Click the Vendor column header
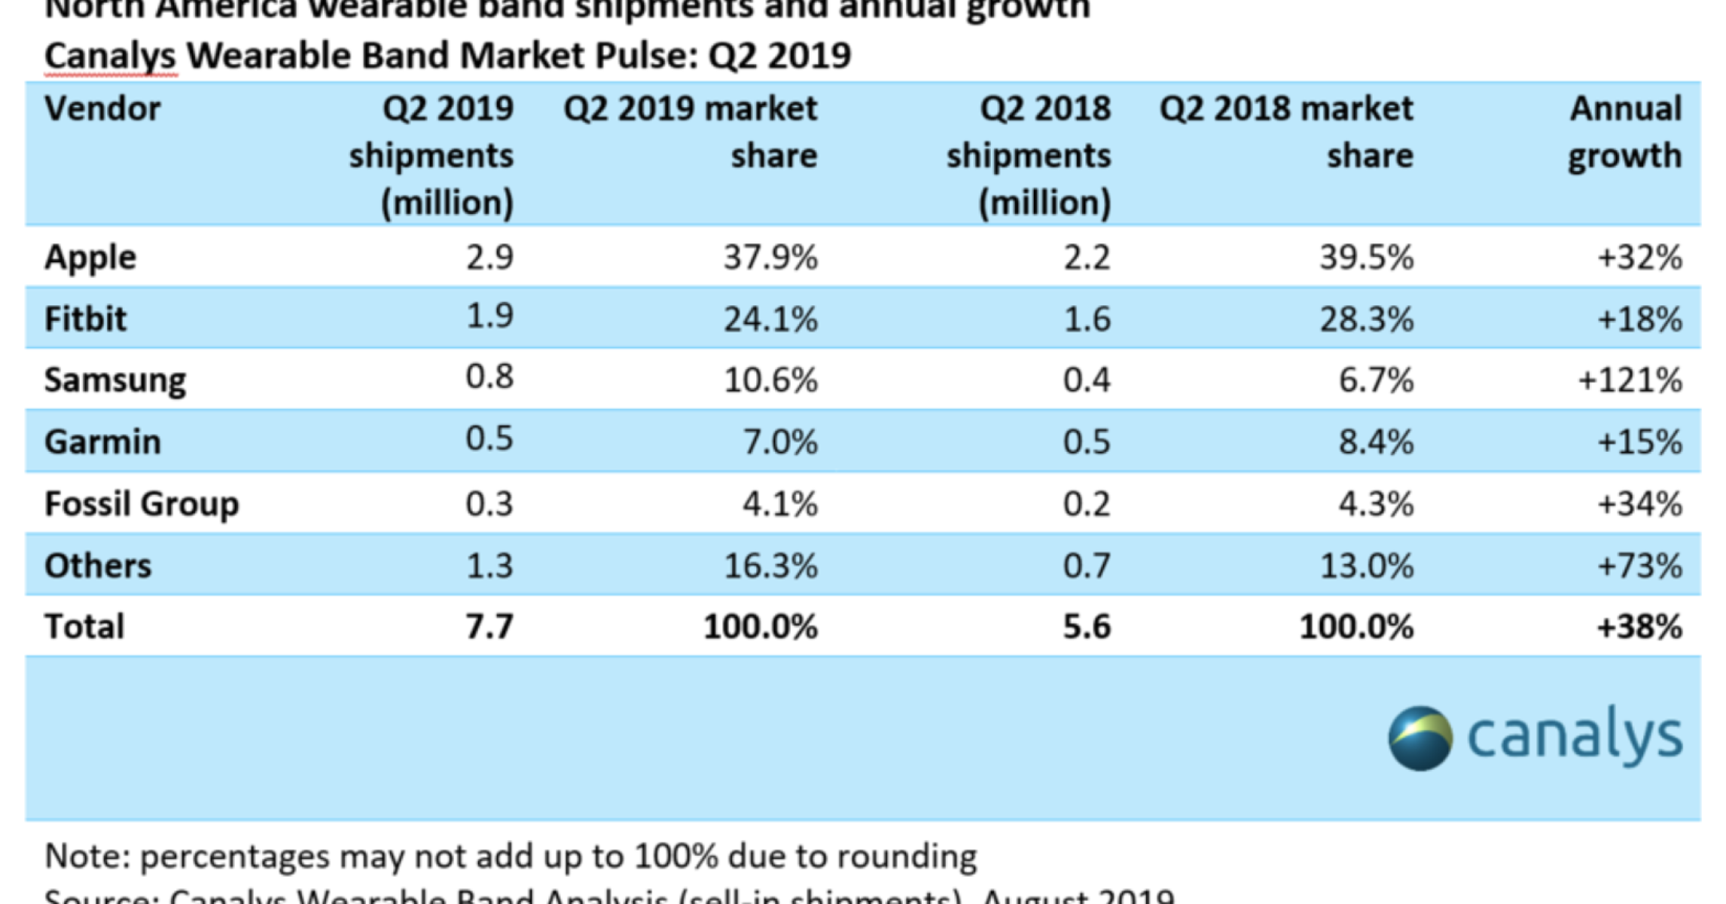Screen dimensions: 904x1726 pyautogui.click(x=102, y=109)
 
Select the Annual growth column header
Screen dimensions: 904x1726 pyautogui.click(x=1624, y=133)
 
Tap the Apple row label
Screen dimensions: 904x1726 pyautogui.click(x=90, y=258)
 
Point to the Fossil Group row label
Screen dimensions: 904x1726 pyautogui.click(x=142, y=504)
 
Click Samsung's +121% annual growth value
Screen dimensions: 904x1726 pyautogui.click(x=1630, y=380)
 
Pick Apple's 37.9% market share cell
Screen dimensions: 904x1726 pyautogui.click(x=770, y=258)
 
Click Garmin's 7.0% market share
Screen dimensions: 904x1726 pyautogui.click(x=780, y=441)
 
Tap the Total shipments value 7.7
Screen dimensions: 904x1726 pyautogui.click(x=489, y=627)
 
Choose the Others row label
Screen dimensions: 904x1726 pyautogui.click(x=98, y=566)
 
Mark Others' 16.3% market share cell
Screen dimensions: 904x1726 pyautogui.click(x=770, y=566)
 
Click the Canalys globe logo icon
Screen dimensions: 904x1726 pyautogui.click(x=1420, y=738)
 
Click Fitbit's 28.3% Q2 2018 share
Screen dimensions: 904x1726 pyautogui.click(x=1366, y=319)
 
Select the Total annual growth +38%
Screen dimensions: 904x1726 pyautogui.click(x=1639, y=627)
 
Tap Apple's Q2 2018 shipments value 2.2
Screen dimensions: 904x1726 pyautogui.click(x=1087, y=258)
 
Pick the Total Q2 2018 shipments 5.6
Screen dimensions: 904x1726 pyautogui.click(x=1087, y=627)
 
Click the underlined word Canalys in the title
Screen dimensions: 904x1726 pyautogui.click(x=110, y=56)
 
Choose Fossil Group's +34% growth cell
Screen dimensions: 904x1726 pyautogui.click(x=1639, y=504)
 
